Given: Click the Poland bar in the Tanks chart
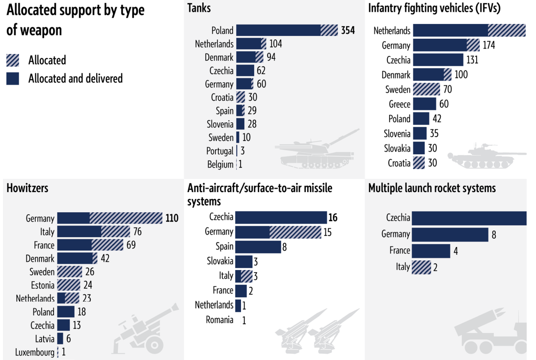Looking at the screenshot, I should tap(287, 30).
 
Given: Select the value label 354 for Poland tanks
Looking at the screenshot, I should tap(348, 30).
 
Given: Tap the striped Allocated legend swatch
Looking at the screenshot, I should tap(13, 60).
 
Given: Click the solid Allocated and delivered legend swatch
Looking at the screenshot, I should tap(13, 79).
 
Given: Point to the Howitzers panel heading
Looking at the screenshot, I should tap(27, 188).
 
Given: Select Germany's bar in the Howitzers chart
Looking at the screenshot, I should tap(109, 219).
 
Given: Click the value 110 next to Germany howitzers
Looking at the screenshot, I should tap(172, 219).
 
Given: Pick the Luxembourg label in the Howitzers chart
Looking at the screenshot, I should tap(35, 352).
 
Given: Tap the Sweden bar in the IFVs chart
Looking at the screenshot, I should tap(427, 89).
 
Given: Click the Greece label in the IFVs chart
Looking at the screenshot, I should tap(399, 104).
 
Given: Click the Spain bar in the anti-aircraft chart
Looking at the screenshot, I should tap(258, 247).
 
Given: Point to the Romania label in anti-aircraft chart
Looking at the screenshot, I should tap(219, 320).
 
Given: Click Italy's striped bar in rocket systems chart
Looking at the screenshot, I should tap(421, 267).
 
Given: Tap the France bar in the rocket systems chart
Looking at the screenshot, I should tap(431, 250).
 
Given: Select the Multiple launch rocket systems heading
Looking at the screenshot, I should tap(432, 189).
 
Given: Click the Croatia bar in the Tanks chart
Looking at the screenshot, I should tap(241, 97).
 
